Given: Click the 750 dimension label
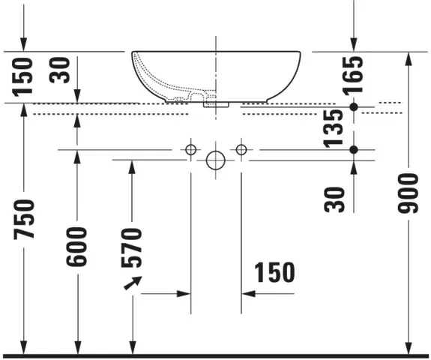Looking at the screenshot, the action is tap(24, 219).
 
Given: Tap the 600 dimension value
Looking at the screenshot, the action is tap(76, 247).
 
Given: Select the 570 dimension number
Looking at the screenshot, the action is tap(132, 247).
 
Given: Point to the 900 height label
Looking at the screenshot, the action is tap(409, 193).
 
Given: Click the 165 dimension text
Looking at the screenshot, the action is tap(353, 76).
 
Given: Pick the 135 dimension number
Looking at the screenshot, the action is tap(333, 128).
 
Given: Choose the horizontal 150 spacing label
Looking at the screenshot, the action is tap(274, 272).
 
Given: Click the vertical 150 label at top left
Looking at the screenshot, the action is tap(22, 77).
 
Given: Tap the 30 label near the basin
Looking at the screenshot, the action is tap(60, 70).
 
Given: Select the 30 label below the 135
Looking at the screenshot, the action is tap(334, 199).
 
